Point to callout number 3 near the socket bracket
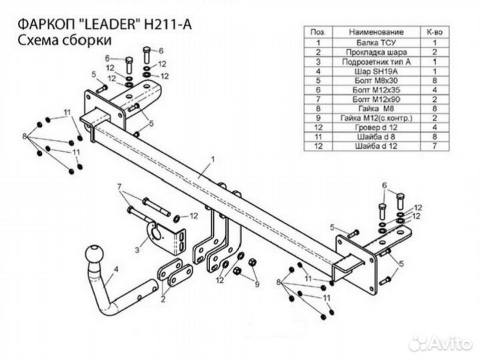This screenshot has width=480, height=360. [137, 250]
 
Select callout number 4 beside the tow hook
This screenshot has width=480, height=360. [117, 269]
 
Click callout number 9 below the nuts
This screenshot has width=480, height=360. [255, 285]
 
